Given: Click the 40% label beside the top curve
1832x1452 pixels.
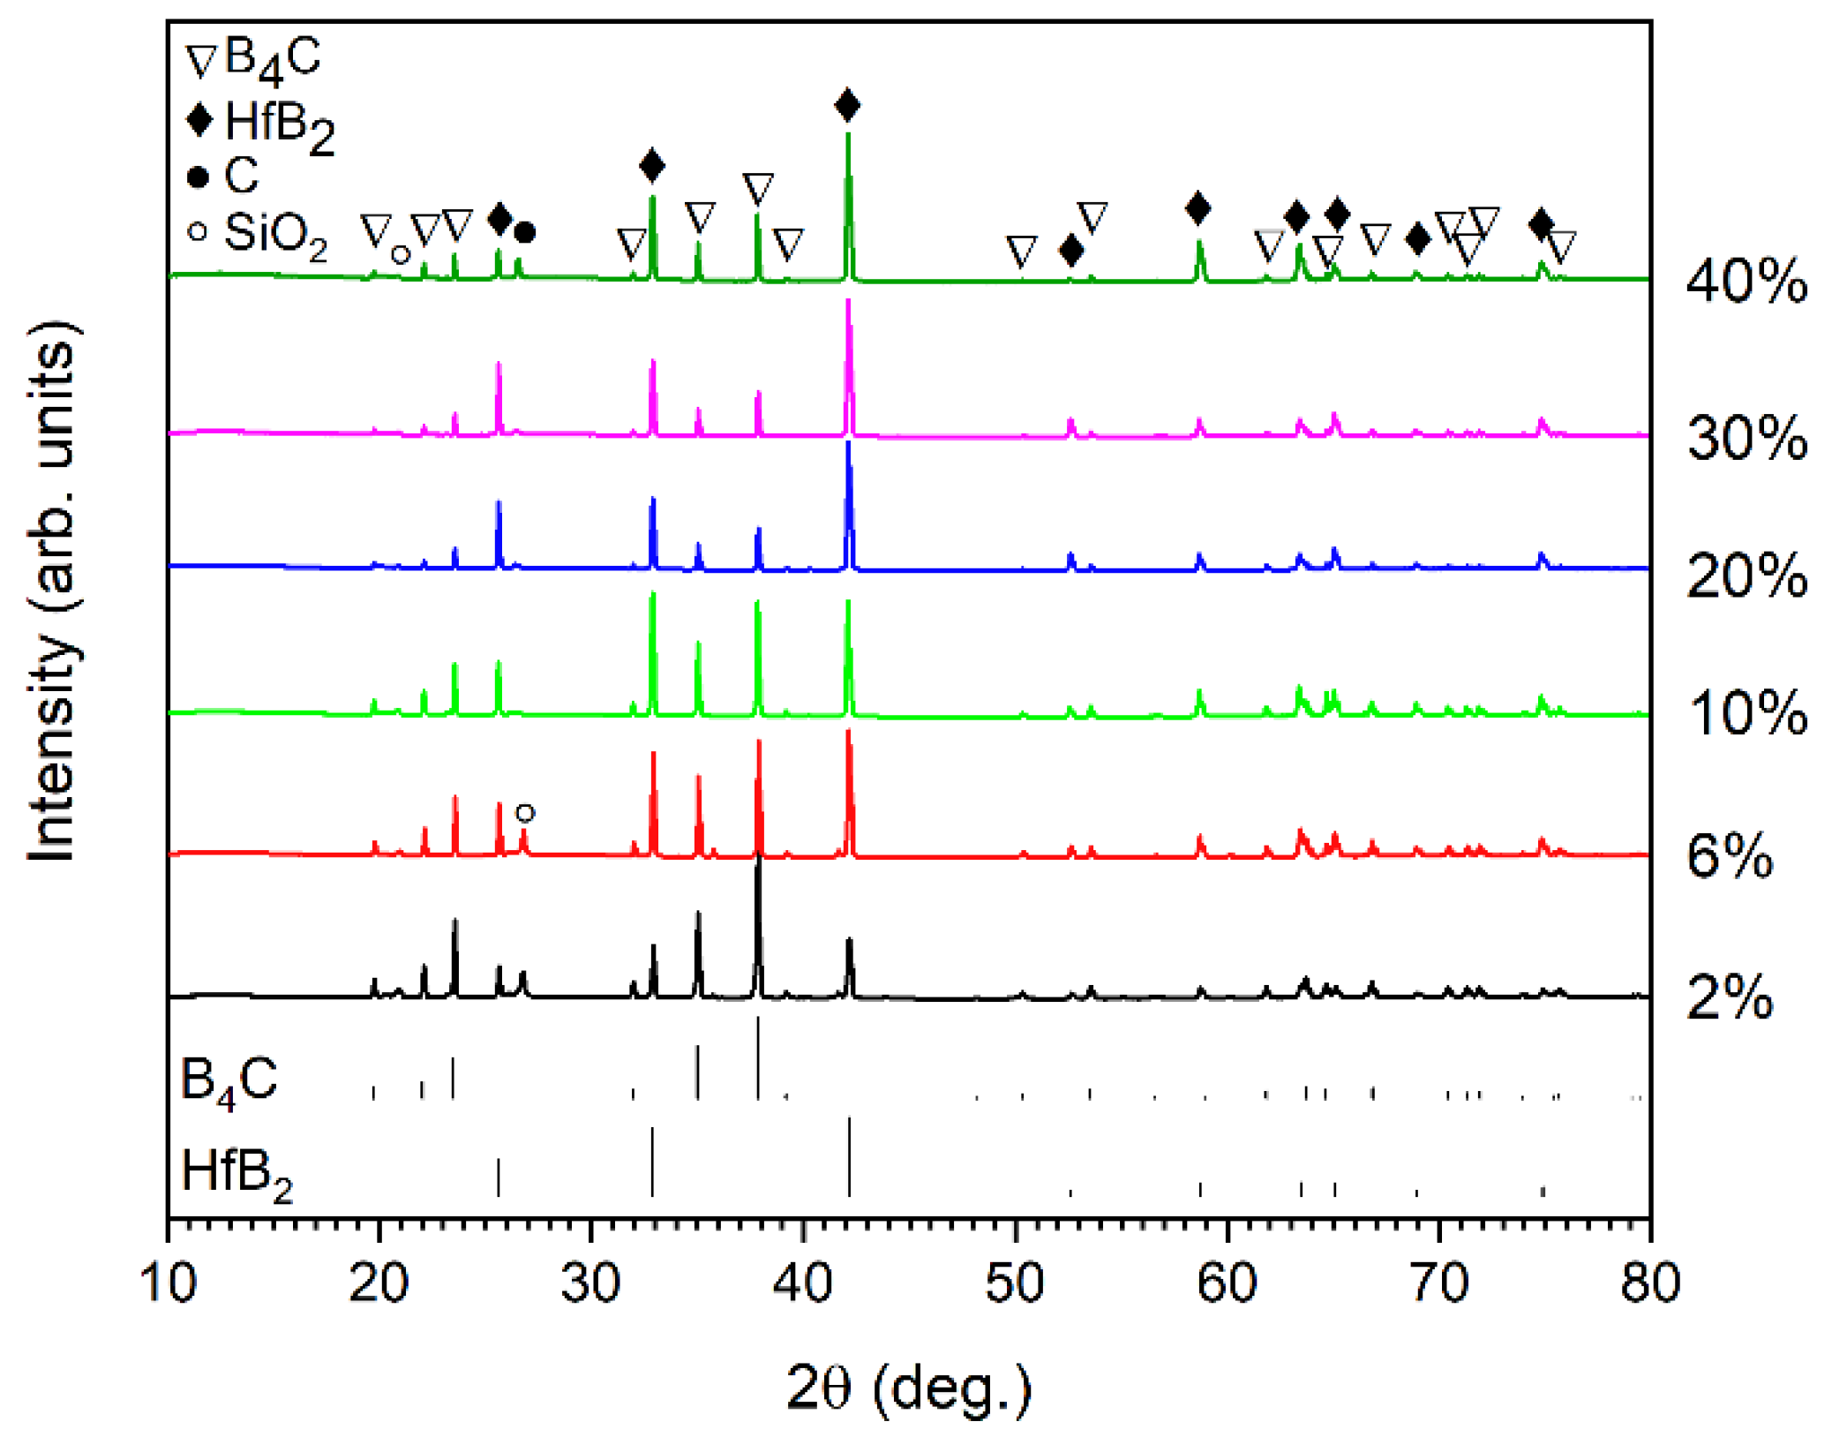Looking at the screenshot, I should coord(1745,282).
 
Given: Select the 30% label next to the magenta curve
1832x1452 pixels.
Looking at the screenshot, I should coord(1745,439).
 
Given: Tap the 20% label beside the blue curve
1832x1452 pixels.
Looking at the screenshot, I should coord(1745,576).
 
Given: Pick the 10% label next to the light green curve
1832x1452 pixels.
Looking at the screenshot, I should coord(1746,713).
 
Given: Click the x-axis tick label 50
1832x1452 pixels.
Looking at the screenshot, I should coord(1015,1283).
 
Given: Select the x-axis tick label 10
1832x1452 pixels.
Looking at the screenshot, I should coord(168,1283).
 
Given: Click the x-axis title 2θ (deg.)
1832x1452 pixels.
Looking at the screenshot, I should coord(908,1388).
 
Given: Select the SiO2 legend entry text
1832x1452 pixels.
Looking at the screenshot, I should coord(274,235).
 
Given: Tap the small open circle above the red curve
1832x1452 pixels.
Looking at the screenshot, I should coord(525,813).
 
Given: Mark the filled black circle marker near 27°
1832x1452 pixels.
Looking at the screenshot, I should coord(524,233).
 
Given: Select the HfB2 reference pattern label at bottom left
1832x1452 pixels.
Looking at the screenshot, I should coord(236,1174).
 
